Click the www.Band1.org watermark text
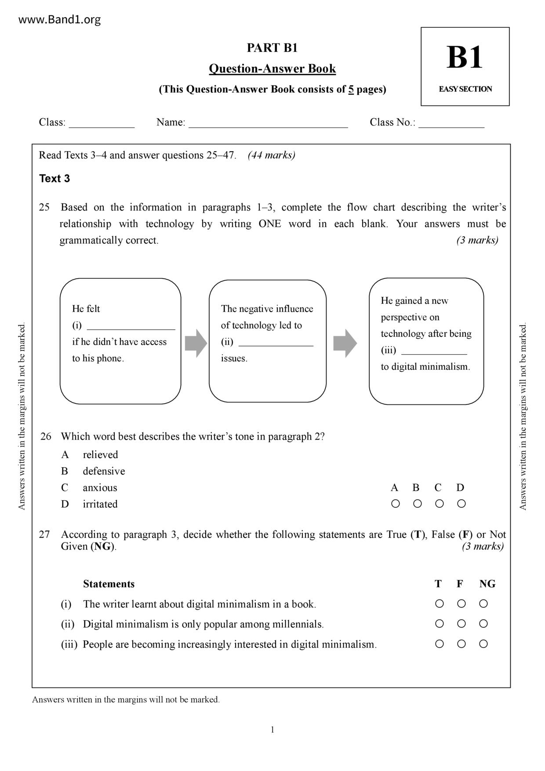pyautogui.click(x=60, y=20)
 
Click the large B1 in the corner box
pyautogui.click(x=465, y=58)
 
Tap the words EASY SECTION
pyautogui.click(x=465, y=89)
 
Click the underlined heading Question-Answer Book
pyautogui.click(x=272, y=69)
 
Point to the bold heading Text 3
pyautogui.click(x=54, y=178)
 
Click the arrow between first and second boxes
pyautogui.click(x=196, y=343)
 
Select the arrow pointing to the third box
pyautogui.click(x=345, y=343)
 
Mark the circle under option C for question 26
pyautogui.click(x=439, y=504)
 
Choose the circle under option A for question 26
pyautogui.click(x=395, y=504)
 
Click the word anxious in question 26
pyautogui.click(x=100, y=487)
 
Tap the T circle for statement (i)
pyautogui.click(x=439, y=604)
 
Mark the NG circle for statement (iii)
pyautogui.click(x=483, y=644)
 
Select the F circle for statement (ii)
pyautogui.click(x=461, y=624)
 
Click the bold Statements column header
pyautogui.click(x=109, y=584)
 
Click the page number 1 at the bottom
pyautogui.click(x=272, y=730)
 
